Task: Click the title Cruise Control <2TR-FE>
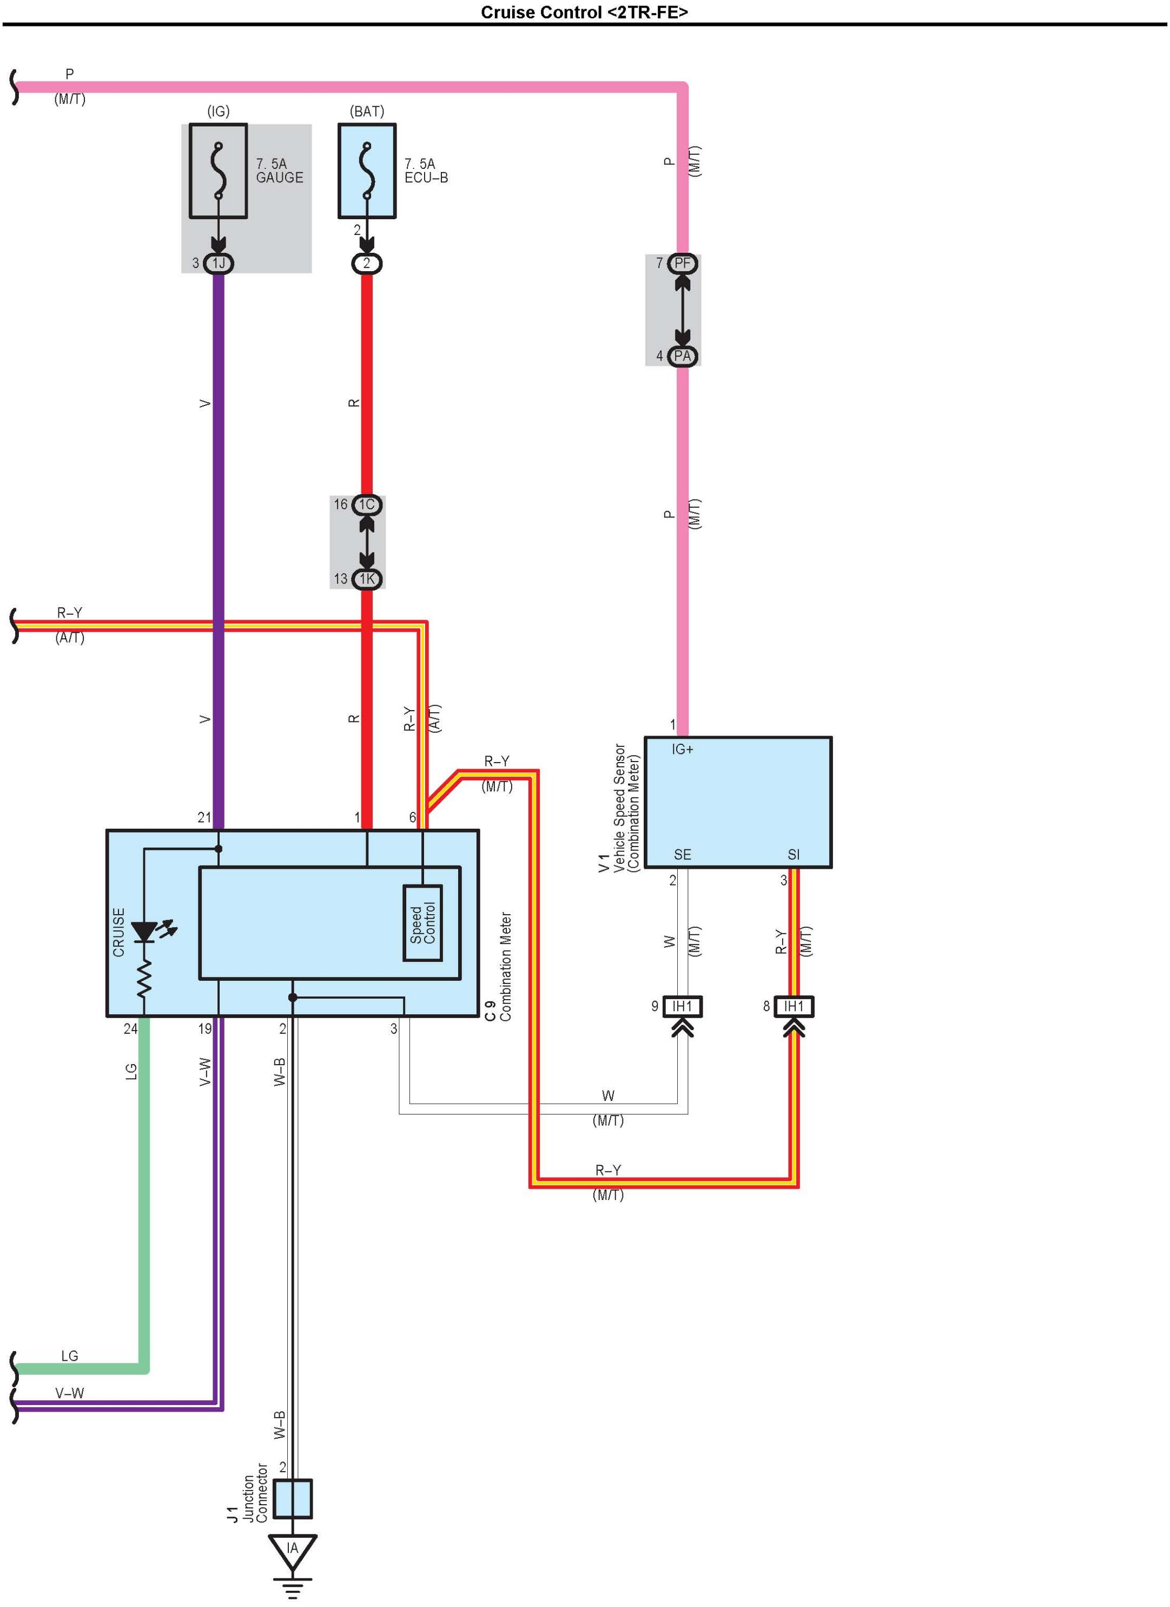(584, 12)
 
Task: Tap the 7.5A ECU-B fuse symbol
(366, 170)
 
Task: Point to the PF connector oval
(682, 264)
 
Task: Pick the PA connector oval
(682, 356)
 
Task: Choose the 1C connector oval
(366, 504)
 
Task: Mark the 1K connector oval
(366, 579)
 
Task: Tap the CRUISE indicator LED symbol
(145, 931)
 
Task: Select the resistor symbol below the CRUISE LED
(144, 979)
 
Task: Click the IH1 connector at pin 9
(682, 1006)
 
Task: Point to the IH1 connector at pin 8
(794, 1006)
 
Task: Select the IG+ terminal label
(682, 750)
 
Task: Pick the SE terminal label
(682, 855)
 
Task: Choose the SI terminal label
(793, 855)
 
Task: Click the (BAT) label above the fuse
(367, 111)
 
